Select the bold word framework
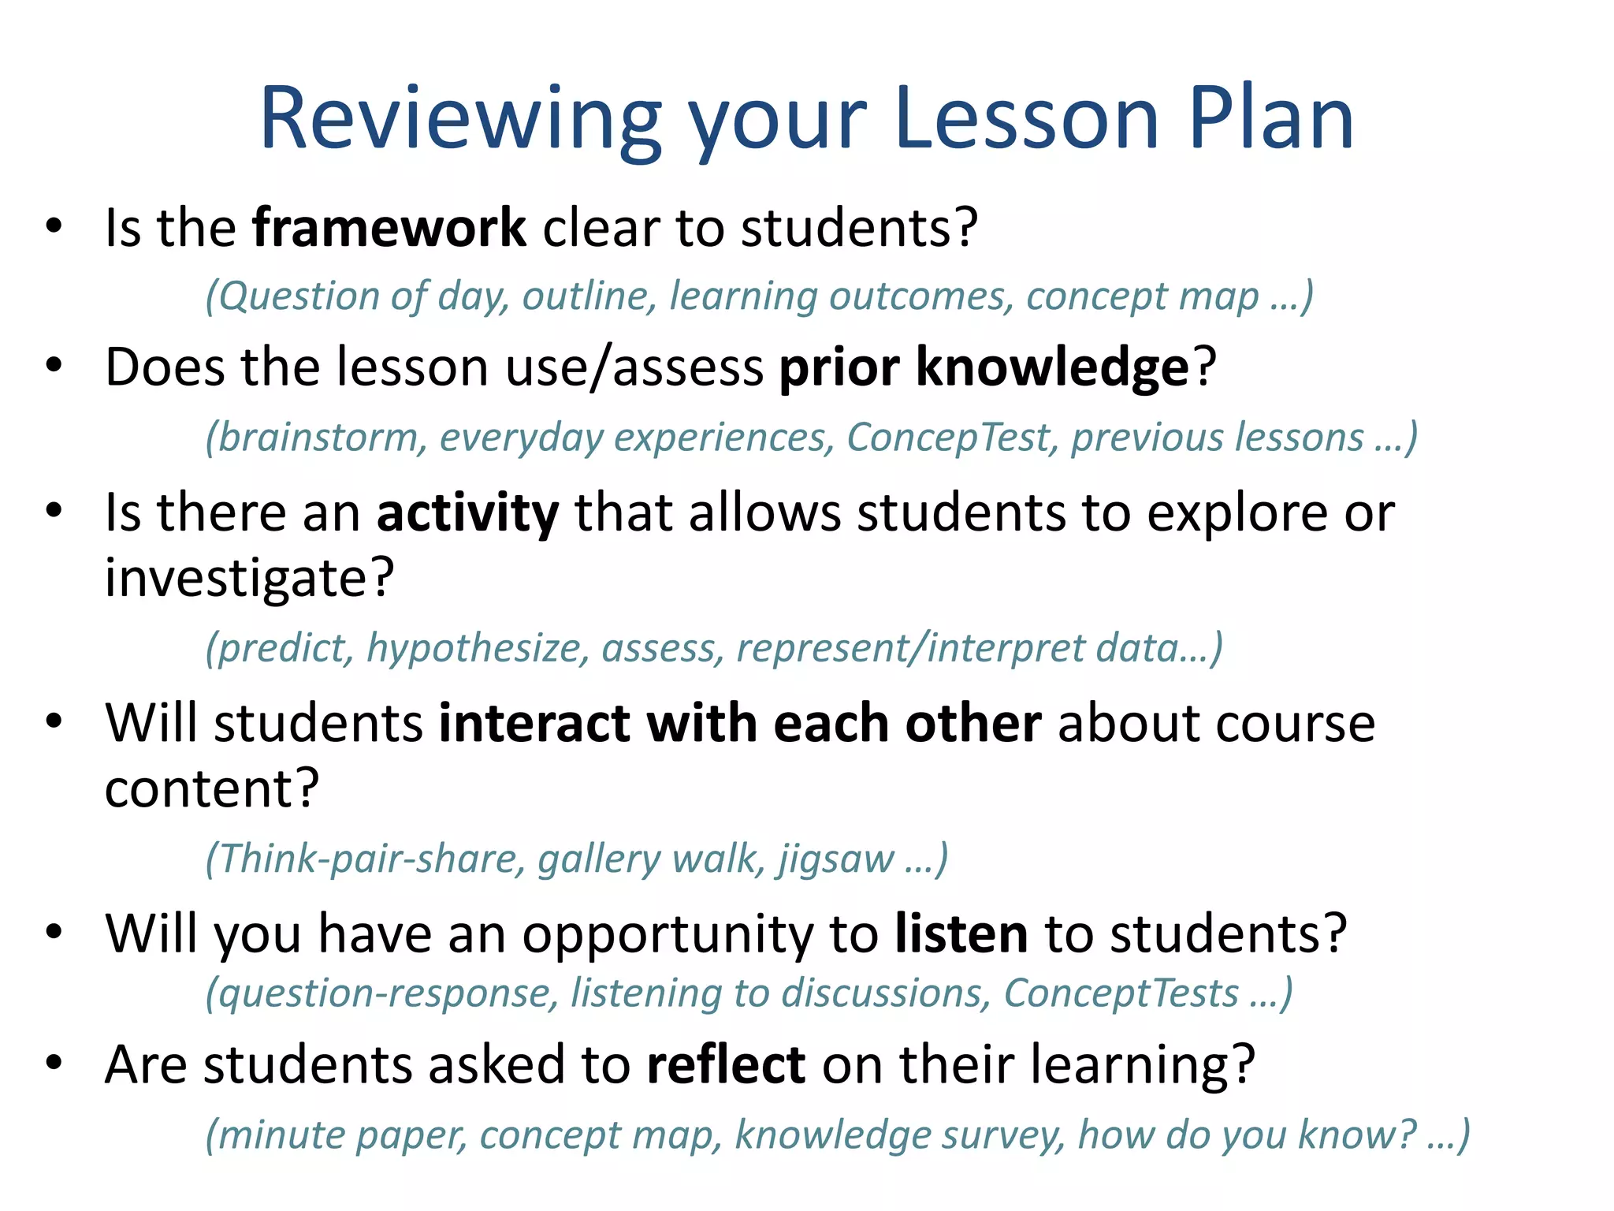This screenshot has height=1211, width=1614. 389,228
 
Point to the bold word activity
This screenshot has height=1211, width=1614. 467,513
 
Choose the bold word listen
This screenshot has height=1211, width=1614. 961,933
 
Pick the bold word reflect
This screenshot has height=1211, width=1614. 726,1064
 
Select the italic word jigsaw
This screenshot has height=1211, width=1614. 836,859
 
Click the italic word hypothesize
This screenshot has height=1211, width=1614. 478,648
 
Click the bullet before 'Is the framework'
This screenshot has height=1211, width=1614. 54,227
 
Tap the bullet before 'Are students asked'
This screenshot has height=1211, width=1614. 54,1064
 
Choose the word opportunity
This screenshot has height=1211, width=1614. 667,935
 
